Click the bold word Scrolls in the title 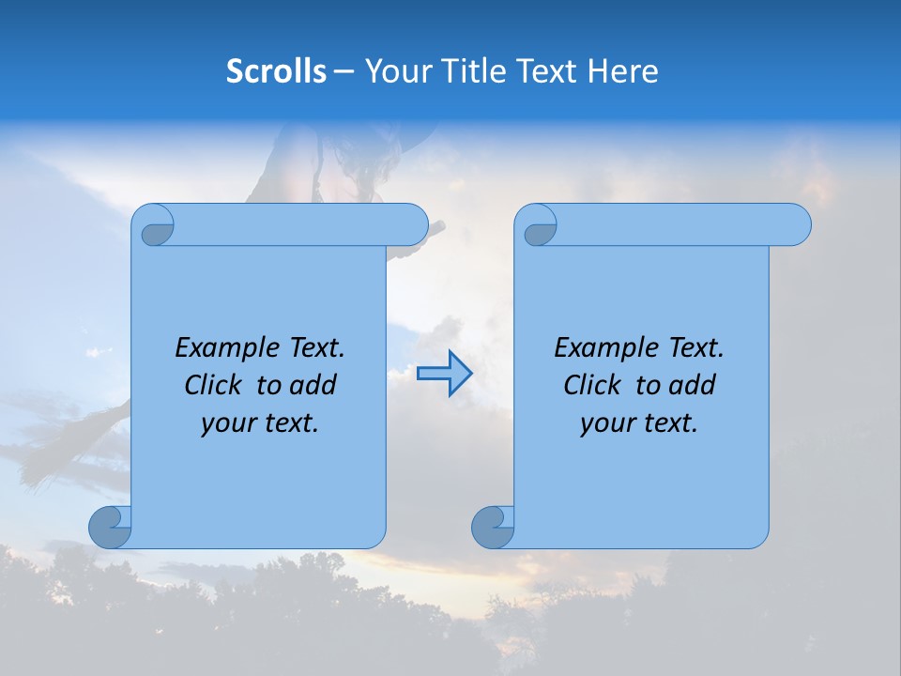[276, 71]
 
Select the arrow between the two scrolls [444, 374]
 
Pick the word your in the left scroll [227, 423]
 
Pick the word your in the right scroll [606, 423]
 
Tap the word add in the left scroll [313, 385]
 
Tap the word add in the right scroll [693, 385]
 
